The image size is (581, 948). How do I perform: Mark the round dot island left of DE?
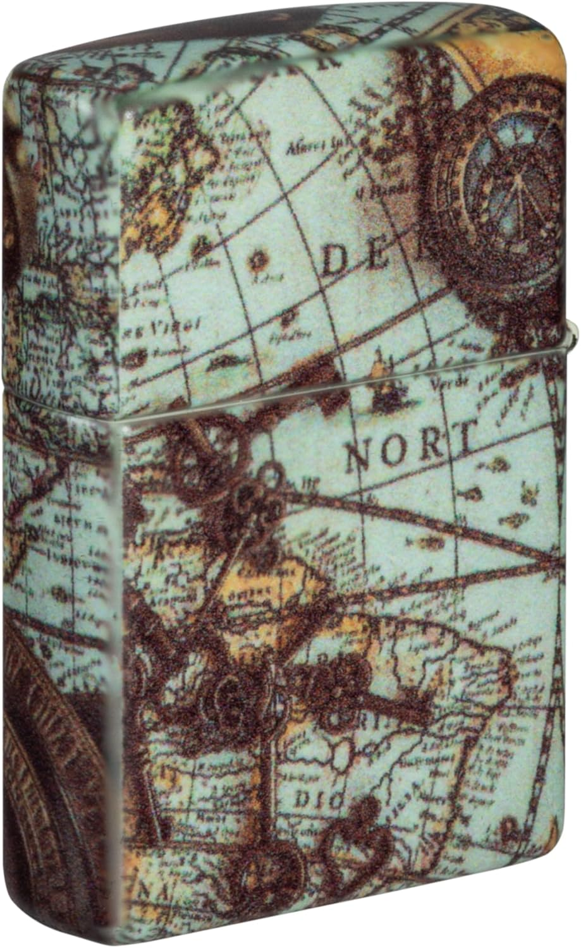[x=257, y=258]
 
